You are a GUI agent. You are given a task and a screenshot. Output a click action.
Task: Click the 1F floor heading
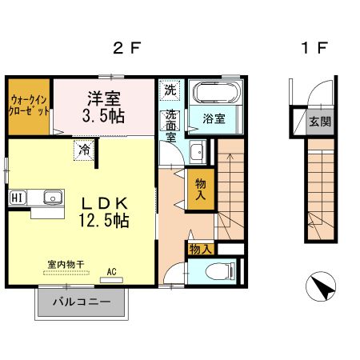click(314, 47)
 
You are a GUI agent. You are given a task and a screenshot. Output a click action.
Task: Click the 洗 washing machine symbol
click(170, 90)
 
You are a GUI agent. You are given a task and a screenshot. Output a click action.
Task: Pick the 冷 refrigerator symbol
click(83, 150)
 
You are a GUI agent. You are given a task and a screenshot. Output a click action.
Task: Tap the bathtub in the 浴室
click(217, 94)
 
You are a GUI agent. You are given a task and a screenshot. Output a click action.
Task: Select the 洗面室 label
click(170, 125)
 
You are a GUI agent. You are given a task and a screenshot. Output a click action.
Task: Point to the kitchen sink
click(53, 197)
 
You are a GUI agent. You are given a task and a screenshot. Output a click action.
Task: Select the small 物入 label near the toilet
click(200, 250)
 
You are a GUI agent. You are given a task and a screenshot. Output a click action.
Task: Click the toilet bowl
click(214, 273)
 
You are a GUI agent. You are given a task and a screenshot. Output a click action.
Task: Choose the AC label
click(112, 273)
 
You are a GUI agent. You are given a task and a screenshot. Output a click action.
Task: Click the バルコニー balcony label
click(81, 303)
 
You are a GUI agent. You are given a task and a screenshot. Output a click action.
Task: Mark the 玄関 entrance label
click(317, 122)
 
